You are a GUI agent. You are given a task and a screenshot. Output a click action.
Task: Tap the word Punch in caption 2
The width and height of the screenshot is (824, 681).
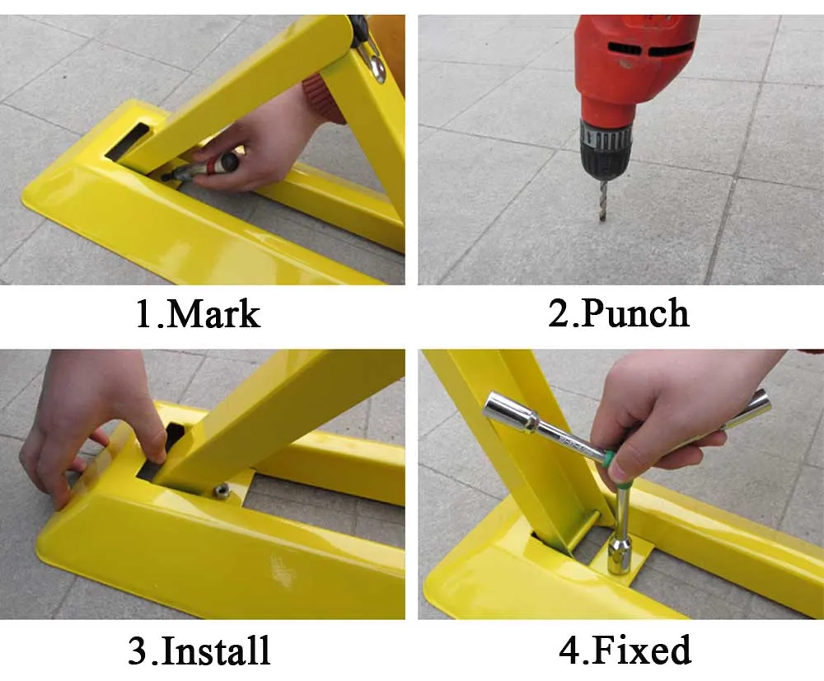pyautogui.click(x=635, y=314)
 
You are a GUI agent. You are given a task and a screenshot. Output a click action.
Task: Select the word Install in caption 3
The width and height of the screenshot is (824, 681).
pyautogui.click(x=217, y=650)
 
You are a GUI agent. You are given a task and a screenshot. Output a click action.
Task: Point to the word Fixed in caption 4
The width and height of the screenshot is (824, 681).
pyautogui.click(x=641, y=650)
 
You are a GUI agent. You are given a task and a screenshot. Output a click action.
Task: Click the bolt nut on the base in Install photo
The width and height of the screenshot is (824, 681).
pyautogui.click(x=220, y=491)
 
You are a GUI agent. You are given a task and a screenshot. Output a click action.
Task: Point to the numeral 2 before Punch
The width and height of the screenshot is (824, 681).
pyautogui.click(x=557, y=313)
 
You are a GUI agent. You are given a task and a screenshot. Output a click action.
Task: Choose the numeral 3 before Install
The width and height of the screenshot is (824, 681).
pyautogui.click(x=138, y=650)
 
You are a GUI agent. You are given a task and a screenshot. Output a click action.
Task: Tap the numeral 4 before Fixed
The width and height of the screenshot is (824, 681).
pyautogui.click(x=570, y=650)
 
